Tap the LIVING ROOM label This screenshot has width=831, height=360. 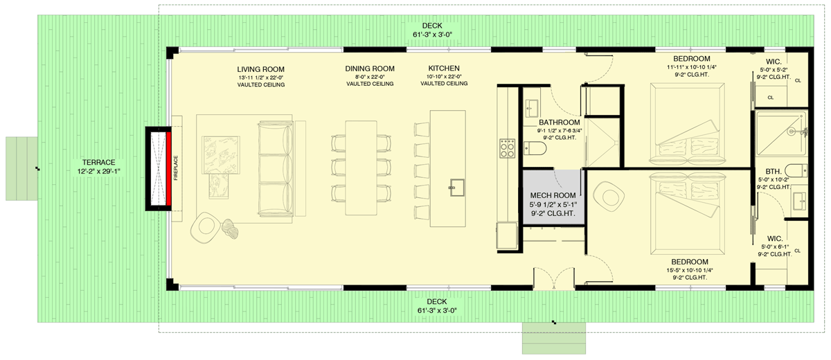click(261, 69)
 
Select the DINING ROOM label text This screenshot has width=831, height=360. click(370, 69)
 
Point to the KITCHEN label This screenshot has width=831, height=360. click(443, 69)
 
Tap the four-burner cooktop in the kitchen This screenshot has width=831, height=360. click(508, 147)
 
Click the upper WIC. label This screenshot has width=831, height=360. click(774, 61)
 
